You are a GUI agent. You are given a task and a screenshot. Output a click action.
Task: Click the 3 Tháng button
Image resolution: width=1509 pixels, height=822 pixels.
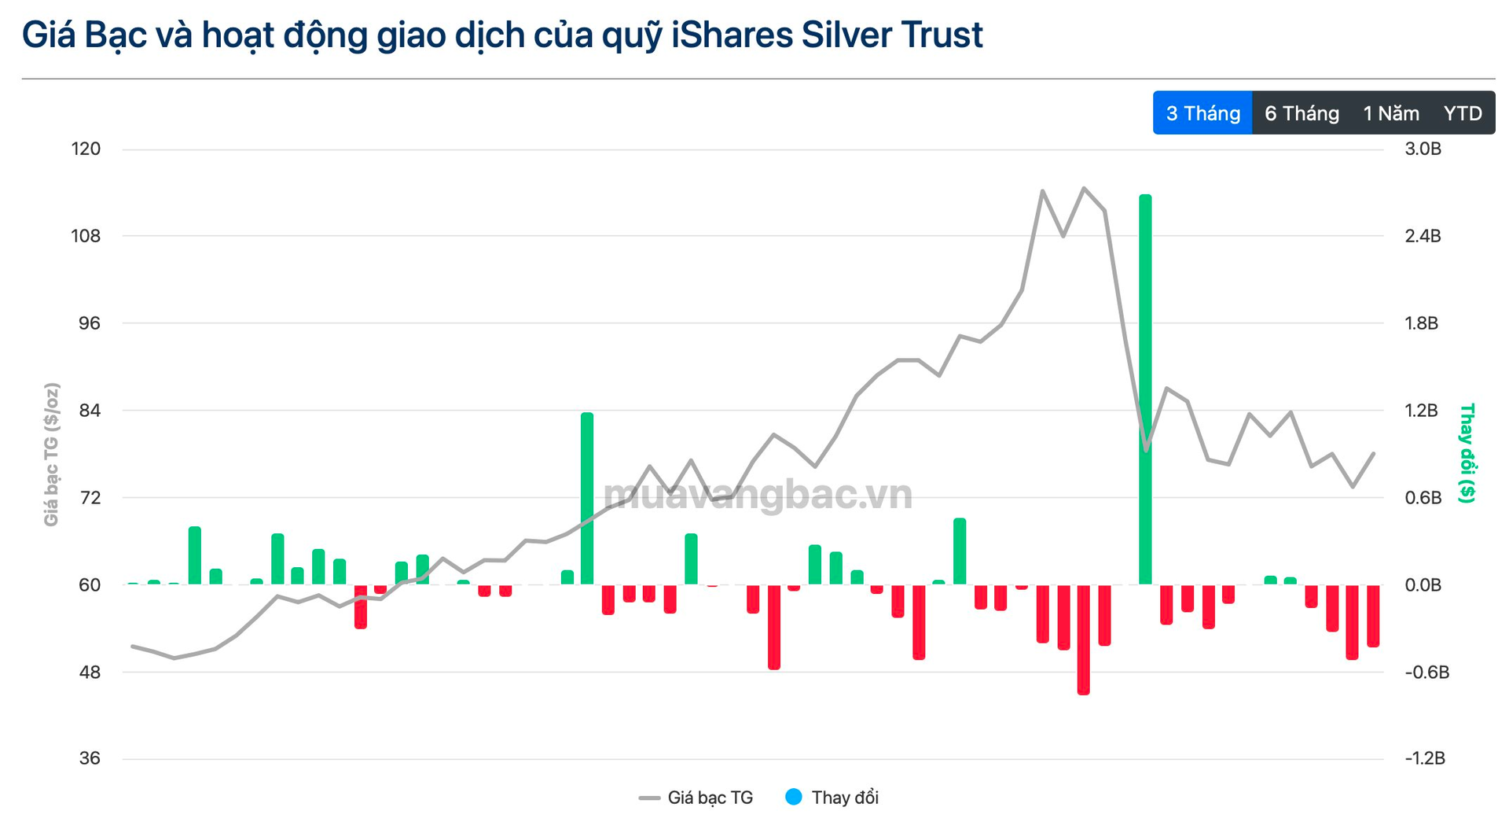1202,113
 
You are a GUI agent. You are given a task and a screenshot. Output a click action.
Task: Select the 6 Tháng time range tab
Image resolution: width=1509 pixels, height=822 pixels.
1302,113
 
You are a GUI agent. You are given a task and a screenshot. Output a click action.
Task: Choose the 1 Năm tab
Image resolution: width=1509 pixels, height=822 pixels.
1390,113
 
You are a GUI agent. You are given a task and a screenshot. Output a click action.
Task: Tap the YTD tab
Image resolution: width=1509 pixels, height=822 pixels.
1463,113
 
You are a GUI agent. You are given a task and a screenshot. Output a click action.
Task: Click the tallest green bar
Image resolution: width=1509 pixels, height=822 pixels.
1145,389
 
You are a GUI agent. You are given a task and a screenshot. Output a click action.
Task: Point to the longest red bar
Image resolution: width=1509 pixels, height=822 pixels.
1083,639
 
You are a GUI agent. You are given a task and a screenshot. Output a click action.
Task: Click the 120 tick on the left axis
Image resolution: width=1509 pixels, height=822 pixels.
86,149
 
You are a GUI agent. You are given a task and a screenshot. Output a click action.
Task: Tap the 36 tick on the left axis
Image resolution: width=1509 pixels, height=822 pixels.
90,758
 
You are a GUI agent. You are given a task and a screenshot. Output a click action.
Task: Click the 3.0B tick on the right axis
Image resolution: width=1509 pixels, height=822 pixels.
1423,149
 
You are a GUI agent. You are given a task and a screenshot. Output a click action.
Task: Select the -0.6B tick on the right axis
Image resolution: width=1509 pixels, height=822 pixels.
1426,672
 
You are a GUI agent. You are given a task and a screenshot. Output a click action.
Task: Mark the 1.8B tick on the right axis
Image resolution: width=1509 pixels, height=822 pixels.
1421,323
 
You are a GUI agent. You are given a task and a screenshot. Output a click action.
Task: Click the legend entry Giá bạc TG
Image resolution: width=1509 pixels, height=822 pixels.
696,798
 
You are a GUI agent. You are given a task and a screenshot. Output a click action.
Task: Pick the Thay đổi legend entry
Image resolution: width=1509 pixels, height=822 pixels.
833,798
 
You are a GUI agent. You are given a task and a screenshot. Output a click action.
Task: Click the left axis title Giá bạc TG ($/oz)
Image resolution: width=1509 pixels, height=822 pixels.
51,455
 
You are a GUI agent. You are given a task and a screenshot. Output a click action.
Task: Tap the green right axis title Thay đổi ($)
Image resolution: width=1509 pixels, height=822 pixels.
1467,453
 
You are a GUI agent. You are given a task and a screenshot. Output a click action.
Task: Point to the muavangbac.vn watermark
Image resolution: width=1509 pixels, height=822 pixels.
758,494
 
